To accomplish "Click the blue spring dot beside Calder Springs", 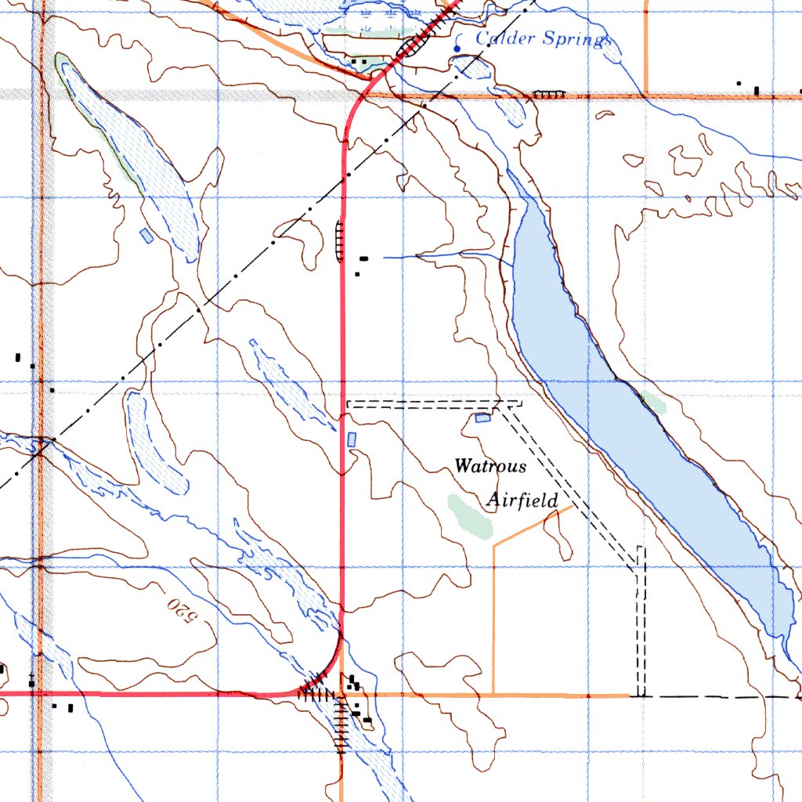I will [457, 49].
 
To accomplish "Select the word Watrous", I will [490, 466].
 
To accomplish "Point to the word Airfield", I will [522, 500].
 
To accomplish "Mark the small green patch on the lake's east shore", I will [652, 402].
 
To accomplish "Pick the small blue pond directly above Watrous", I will [482, 418].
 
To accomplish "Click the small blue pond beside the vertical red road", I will [351, 439].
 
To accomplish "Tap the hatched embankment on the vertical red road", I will [339, 240].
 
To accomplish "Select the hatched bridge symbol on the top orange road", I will [548, 94].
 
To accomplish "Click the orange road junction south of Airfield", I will [493, 694].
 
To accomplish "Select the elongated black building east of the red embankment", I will [364, 258].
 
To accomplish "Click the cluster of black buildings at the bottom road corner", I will [354, 685].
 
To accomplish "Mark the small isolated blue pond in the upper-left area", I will [146, 235].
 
